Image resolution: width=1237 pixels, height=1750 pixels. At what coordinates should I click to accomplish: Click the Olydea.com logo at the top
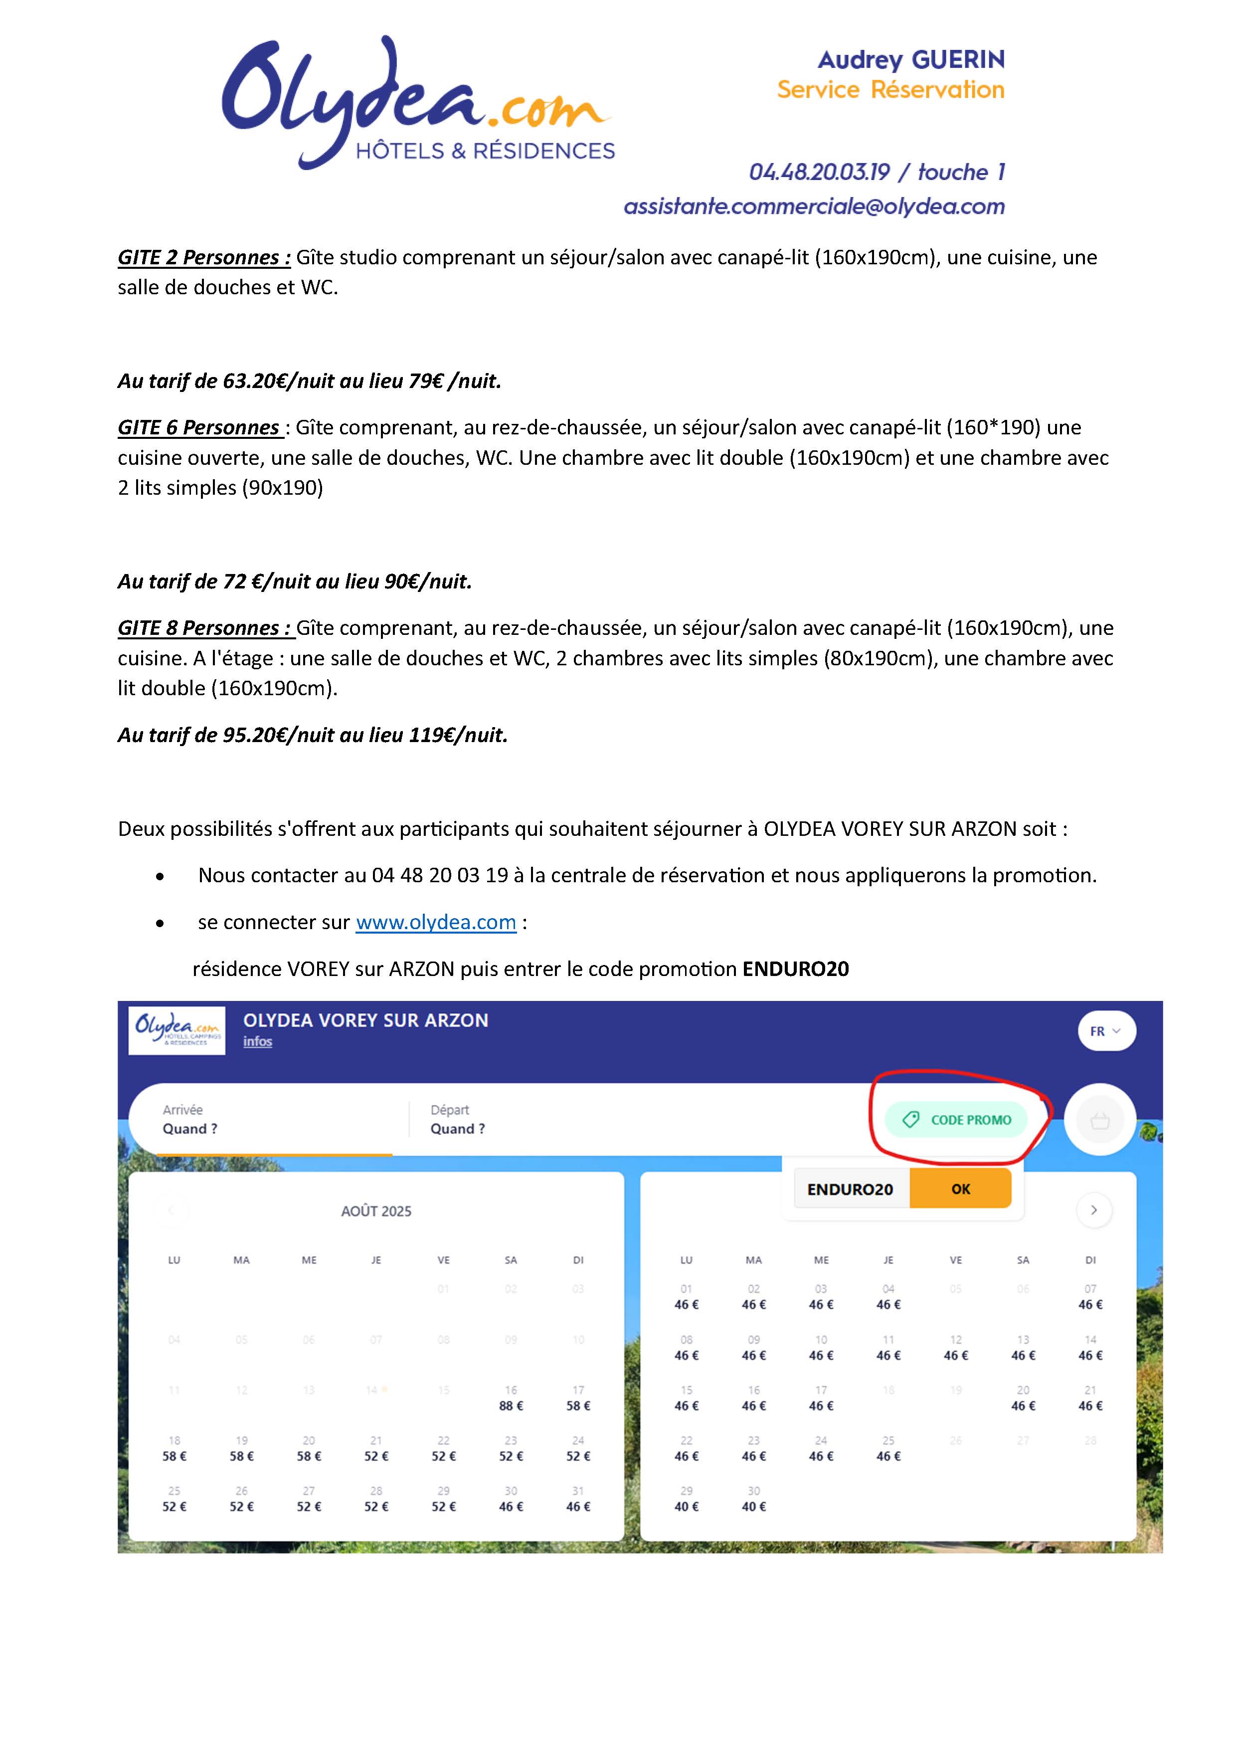pos(418,103)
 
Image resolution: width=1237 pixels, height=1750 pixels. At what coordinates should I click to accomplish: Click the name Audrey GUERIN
pos(911,59)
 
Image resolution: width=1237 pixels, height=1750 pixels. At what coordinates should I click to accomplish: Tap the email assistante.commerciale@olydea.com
pos(814,206)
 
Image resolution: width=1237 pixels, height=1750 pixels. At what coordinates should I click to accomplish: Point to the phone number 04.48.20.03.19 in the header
pos(819,172)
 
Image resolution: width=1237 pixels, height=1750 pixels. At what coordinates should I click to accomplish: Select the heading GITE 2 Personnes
pos(203,258)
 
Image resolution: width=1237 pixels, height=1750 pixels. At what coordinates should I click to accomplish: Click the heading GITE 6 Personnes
pos(200,427)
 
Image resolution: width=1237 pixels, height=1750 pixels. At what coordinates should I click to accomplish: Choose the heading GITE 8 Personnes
pos(203,628)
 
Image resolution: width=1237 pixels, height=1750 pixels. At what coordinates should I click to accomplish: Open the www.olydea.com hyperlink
pos(436,922)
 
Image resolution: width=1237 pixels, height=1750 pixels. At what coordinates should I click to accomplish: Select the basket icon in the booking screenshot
pos(1099,1121)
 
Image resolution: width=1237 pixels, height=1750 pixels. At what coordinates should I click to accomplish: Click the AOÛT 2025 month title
pos(376,1211)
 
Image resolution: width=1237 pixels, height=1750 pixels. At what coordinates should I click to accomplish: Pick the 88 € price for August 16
pos(511,1405)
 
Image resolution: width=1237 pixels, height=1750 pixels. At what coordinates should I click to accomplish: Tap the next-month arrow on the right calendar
pos(1094,1209)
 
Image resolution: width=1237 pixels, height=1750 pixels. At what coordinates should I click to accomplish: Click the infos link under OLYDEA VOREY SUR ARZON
pos(258,1042)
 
